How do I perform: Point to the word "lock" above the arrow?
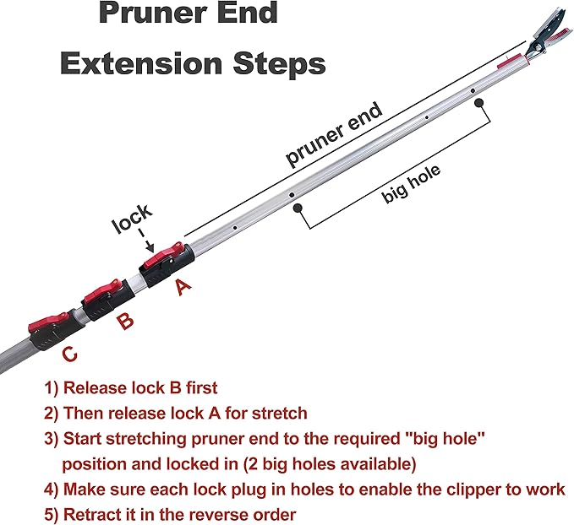click(x=133, y=224)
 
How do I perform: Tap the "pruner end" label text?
click(x=335, y=135)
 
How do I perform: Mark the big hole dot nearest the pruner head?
click(x=478, y=103)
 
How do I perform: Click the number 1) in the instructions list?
click(x=52, y=388)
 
